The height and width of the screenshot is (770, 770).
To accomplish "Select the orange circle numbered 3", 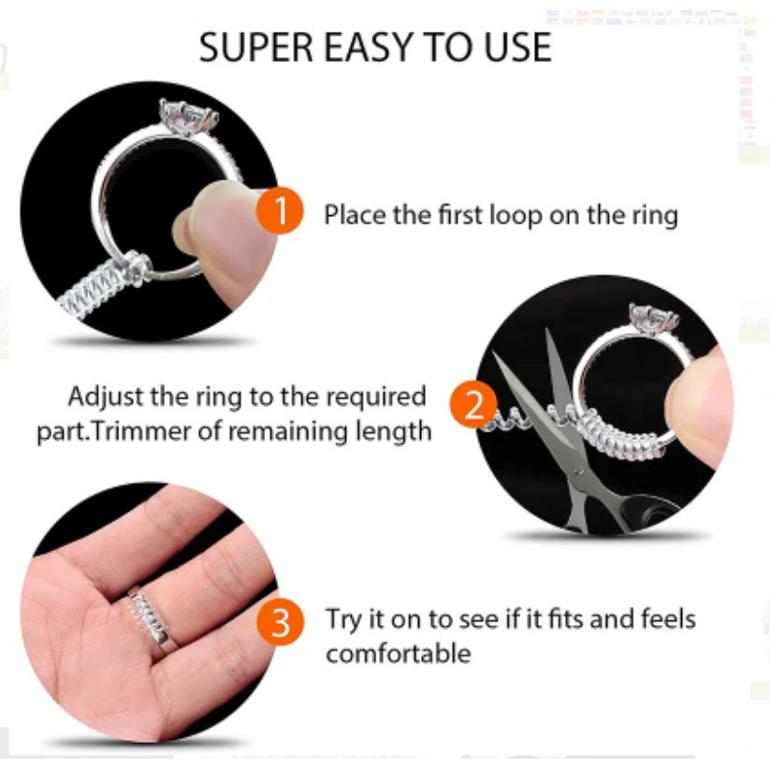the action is tap(281, 621).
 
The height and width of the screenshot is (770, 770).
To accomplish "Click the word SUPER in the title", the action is tap(255, 47).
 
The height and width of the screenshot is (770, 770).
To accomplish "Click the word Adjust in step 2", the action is tap(105, 397).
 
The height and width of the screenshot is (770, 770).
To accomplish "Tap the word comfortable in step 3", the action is tap(399, 654).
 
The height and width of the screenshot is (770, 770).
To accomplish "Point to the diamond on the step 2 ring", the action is tap(654, 318).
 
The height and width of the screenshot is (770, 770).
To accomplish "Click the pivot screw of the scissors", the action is tap(578, 472).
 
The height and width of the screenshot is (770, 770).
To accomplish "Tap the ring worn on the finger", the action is tap(149, 617).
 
